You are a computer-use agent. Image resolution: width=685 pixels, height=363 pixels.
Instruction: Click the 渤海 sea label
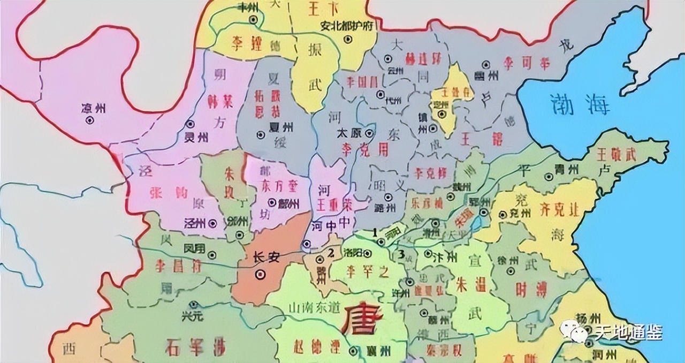580,105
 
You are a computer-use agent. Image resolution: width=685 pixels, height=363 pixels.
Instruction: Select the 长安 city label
267,258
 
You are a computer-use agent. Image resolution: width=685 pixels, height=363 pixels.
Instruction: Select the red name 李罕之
366,271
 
